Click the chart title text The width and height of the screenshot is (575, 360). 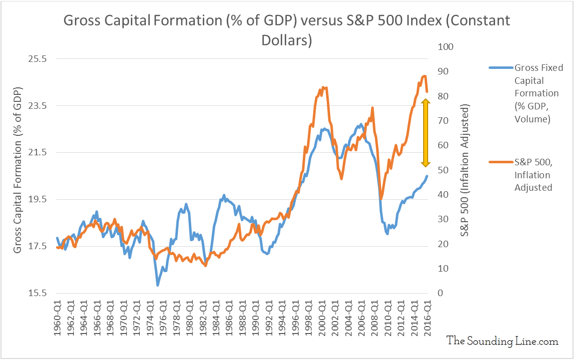click(x=287, y=30)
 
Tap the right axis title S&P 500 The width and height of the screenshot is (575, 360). click(x=466, y=170)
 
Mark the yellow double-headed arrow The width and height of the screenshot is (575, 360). click(x=426, y=133)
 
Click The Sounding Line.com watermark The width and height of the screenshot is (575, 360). click(x=502, y=341)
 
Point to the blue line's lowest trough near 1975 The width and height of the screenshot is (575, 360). click(x=158, y=285)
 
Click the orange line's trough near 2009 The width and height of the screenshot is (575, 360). click(x=381, y=199)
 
